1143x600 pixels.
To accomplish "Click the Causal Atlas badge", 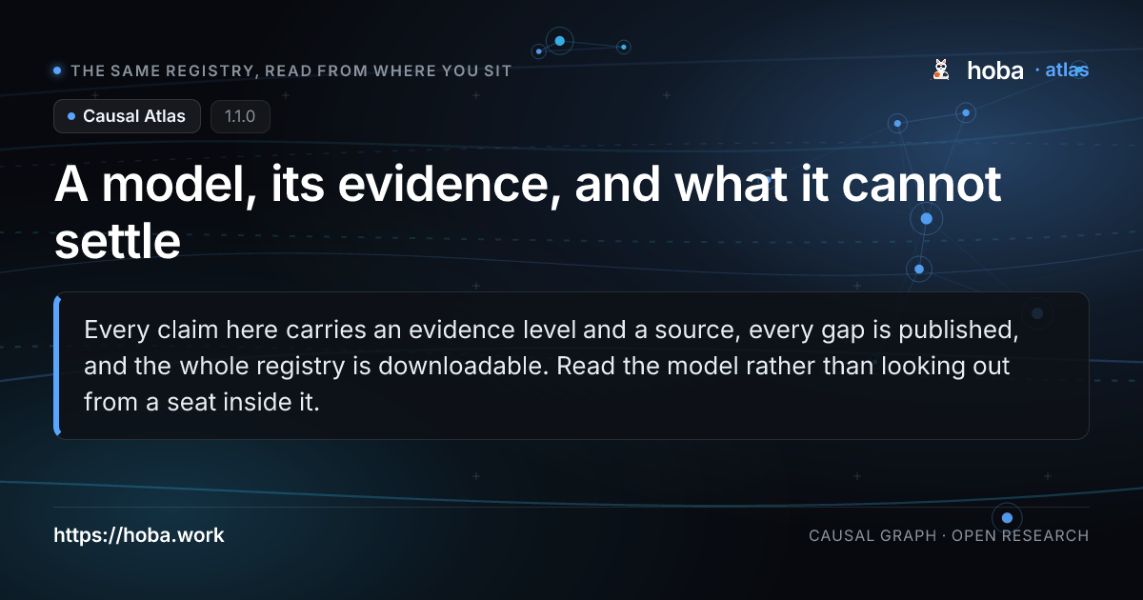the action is tap(127, 116).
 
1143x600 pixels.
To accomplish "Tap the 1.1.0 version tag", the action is tap(240, 116).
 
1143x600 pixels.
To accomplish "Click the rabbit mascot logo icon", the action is tap(941, 70).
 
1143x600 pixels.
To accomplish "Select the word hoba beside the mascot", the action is tap(995, 70).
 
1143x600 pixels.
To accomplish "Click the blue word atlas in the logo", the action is tap(1067, 70).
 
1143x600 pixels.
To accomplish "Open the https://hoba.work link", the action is tap(139, 535).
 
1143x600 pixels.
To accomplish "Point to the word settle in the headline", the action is tap(117, 241).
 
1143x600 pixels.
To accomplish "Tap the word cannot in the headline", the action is tap(921, 184).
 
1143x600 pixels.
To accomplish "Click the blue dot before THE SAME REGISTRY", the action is tap(58, 70).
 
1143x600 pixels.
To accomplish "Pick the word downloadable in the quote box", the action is tap(463, 366).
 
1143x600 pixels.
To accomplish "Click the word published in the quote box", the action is tap(958, 330).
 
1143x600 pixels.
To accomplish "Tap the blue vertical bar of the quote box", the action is tap(56, 366).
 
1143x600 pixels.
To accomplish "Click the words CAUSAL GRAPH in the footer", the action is tap(872, 535).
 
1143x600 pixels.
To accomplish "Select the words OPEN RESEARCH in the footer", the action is tap(1020, 535).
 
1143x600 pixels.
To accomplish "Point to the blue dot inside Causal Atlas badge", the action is tap(71, 116).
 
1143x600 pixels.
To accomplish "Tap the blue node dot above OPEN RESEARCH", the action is tap(1007, 518).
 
